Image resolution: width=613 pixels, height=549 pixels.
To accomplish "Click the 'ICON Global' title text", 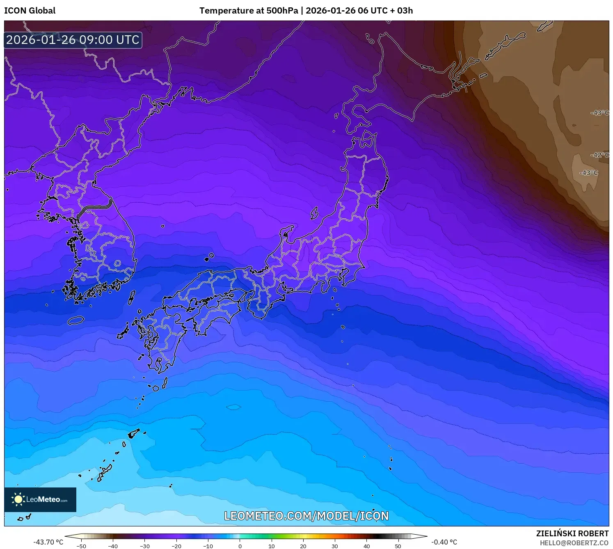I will click(30, 11).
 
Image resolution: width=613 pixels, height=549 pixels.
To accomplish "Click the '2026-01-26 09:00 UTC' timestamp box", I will click(73, 40).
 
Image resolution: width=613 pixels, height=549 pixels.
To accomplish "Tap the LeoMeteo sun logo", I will click(18, 499).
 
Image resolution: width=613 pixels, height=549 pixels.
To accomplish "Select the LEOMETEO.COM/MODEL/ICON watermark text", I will click(306, 516).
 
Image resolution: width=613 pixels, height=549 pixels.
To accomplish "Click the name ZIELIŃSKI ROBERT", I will click(572, 533).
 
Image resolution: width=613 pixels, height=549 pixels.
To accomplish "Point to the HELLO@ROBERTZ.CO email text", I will click(574, 543).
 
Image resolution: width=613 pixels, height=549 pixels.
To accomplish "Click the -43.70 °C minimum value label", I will click(48, 542).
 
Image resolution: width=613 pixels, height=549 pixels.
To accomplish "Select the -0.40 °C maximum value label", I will click(444, 542).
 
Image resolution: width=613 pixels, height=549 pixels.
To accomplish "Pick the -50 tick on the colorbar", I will click(81, 546).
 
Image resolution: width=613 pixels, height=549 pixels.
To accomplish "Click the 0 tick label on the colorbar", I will click(240, 546).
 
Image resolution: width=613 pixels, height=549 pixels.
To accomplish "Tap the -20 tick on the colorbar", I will click(176, 546).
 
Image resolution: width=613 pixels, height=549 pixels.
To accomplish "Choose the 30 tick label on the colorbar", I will click(335, 546).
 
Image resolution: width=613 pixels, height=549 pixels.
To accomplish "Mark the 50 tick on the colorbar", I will click(398, 546).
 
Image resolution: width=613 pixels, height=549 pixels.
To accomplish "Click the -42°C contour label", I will click(599, 155).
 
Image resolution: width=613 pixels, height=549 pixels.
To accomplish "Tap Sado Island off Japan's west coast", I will click(314, 213).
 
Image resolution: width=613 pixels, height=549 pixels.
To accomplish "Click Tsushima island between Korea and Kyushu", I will click(132, 297).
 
